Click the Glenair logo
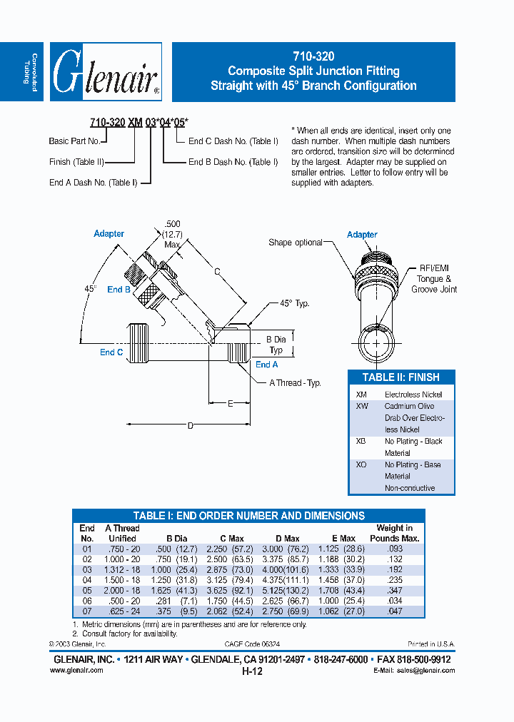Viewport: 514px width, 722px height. pyautogui.click(x=106, y=72)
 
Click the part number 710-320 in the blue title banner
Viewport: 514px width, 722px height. pyautogui.click(x=313, y=56)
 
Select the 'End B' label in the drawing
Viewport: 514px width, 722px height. pyautogui.click(x=119, y=290)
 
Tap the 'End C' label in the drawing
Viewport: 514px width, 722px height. pyautogui.click(x=111, y=352)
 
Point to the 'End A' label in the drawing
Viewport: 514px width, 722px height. pyautogui.click(x=267, y=365)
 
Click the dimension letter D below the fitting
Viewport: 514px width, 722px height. pyautogui.click(x=190, y=426)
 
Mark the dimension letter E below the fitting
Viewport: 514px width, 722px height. pyautogui.click(x=230, y=404)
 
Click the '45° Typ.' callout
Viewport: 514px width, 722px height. pyautogui.click(x=294, y=303)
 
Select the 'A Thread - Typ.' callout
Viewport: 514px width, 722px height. pyautogui.click(x=295, y=383)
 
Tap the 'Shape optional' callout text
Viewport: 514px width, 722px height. pyautogui.click(x=296, y=243)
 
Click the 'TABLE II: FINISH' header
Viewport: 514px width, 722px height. pyautogui.click(x=400, y=377)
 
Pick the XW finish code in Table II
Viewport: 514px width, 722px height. pyautogui.click(x=362, y=406)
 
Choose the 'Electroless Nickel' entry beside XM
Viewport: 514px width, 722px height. pyautogui.click(x=413, y=395)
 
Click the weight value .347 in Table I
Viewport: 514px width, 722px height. pyautogui.click(x=394, y=591)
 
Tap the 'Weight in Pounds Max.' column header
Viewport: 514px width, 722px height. pyautogui.click(x=394, y=533)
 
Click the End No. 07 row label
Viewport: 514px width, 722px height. pyautogui.click(x=87, y=612)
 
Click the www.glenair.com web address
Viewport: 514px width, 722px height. pyautogui.click(x=76, y=671)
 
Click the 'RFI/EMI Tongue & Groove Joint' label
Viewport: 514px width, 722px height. pyautogui.click(x=433, y=279)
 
